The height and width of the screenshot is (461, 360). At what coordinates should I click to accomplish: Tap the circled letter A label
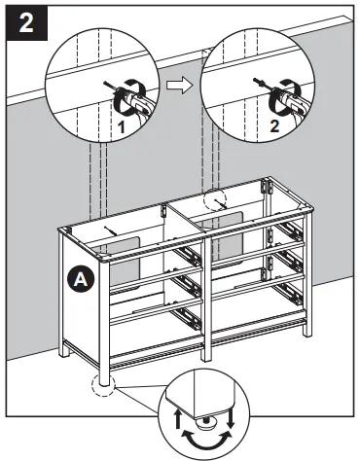[x=82, y=278]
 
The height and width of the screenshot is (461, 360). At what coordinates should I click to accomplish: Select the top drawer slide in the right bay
[x=289, y=231]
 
